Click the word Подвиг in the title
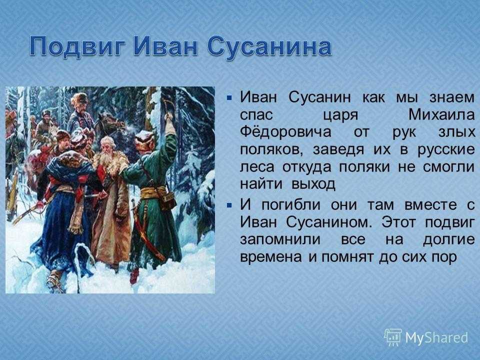tap(78, 47)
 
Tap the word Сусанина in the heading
tap(269, 47)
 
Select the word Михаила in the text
tap(441, 115)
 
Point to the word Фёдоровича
tap(285, 132)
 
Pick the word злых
tap(457, 132)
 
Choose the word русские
tap(446, 149)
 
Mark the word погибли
tap(291, 205)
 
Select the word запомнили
tap(280, 239)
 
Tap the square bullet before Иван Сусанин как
tap(229, 98)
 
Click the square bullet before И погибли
tap(229, 205)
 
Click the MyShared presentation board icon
tap(393, 337)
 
